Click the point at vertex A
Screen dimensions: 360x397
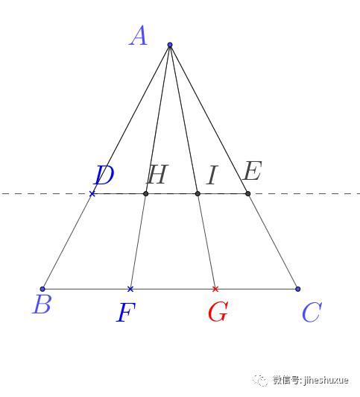coord(170,45)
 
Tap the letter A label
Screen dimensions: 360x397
coord(138,36)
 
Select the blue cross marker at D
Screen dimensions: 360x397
coord(92,194)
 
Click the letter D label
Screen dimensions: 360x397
coord(104,175)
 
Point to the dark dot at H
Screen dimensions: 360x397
coord(145,194)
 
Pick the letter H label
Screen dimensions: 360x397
coord(157,174)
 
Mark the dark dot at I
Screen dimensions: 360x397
coord(198,194)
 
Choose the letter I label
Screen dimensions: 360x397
coord(212,175)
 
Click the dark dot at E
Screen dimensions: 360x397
coord(248,194)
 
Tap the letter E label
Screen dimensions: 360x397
coord(252,171)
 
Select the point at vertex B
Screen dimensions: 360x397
coord(42,289)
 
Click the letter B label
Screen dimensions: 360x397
coord(42,304)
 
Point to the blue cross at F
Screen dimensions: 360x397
coord(130,289)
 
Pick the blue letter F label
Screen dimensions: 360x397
coord(126,313)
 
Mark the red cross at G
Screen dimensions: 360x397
coord(215,289)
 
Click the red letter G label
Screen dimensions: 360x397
coord(218,311)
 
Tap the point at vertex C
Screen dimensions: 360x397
coord(298,289)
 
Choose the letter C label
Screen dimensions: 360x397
coord(312,312)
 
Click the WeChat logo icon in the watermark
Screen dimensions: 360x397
coord(260,381)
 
